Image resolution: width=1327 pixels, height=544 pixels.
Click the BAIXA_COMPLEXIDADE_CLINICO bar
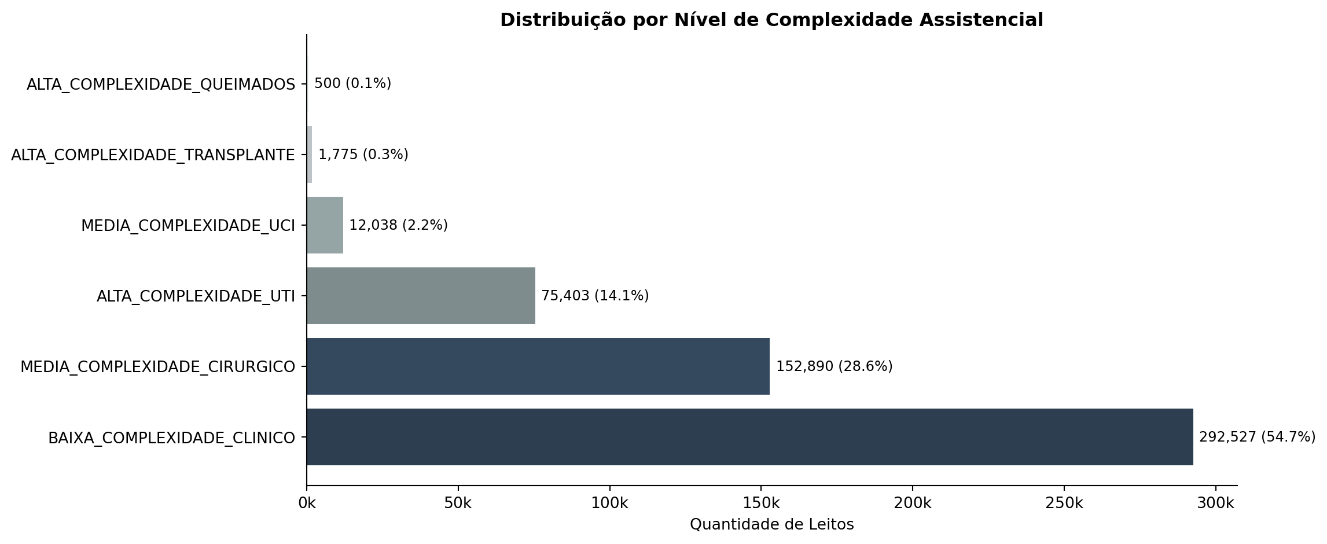coord(749,437)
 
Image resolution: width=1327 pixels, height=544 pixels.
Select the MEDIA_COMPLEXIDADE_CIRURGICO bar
coord(538,366)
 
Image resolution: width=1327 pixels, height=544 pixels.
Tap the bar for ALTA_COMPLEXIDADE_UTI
coord(421,296)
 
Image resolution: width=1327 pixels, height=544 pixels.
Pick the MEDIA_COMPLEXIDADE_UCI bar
coord(325,225)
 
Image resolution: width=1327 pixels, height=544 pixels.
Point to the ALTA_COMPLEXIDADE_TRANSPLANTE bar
coord(310,155)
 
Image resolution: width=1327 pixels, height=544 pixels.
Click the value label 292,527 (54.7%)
coord(1257,437)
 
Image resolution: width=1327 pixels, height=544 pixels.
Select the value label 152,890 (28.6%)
coord(834,366)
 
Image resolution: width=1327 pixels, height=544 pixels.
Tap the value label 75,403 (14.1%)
coord(595,296)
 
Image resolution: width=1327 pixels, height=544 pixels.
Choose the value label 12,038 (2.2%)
coord(398,225)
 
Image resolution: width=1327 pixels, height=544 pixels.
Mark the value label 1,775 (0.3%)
coord(363,155)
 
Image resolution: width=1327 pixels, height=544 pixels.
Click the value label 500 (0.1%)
coord(352,83)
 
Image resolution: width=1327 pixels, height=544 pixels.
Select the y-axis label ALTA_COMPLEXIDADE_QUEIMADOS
coord(161,84)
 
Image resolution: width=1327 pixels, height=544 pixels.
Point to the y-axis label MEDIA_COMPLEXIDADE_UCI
coord(188,226)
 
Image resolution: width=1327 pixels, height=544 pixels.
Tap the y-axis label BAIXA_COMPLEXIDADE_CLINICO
coord(171,438)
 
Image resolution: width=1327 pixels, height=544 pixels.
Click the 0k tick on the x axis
coord(307,503)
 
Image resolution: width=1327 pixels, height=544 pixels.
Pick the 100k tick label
coord(609,503)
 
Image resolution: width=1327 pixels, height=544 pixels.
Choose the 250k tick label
coord(1064,503)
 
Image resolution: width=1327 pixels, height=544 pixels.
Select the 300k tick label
coord(1215,503)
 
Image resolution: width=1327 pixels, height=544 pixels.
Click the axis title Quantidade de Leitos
coord(771,524)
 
